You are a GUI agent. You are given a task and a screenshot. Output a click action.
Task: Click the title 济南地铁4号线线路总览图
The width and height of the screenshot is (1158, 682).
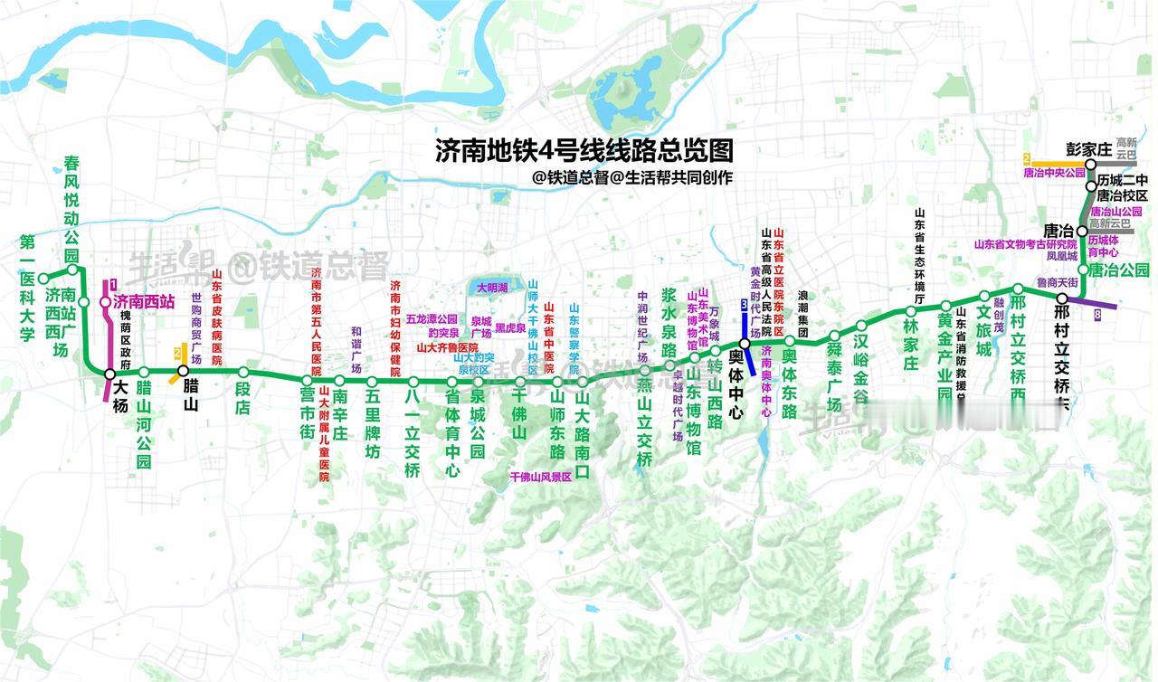[x=584, y=149]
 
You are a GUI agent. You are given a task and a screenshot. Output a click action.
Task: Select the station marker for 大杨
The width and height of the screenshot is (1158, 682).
[x=109, y=374]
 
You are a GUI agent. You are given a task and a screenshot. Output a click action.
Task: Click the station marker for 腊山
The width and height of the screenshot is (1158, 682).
[x=183, y=371]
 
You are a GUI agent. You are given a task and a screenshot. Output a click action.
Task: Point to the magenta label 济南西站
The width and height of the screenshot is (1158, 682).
[x=144, y=302]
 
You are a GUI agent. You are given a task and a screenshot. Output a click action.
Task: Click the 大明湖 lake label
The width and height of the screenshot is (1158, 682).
[x=491, y=288]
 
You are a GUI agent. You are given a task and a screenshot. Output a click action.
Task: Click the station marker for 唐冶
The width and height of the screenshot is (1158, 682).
[x=1082, y=231]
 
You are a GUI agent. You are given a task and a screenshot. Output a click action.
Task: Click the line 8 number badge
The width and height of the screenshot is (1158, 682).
[x=1097, y=315]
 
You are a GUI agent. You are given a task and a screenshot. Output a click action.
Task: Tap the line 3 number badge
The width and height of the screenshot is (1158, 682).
[x=744, y=303]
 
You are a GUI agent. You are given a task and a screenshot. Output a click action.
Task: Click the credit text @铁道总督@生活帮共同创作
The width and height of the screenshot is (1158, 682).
[x=632, y=177]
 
